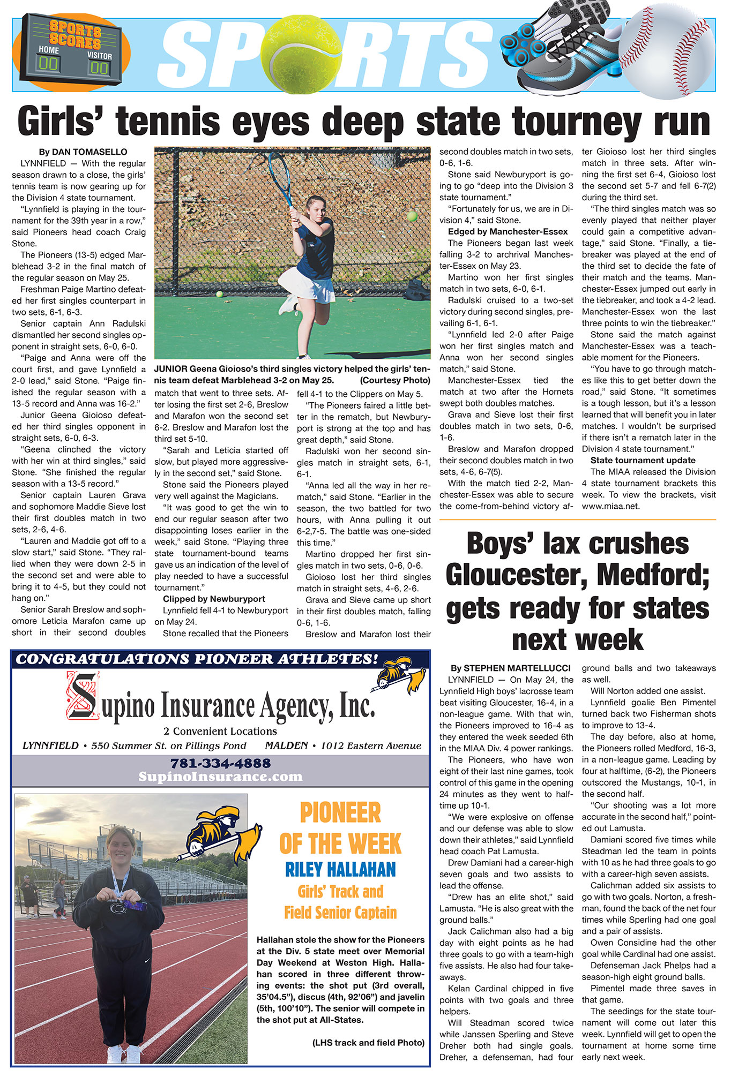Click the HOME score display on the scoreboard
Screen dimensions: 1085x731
click(48, 64)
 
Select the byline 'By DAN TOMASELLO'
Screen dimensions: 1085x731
click(83, 152)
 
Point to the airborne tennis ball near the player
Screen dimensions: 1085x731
click(412, 216)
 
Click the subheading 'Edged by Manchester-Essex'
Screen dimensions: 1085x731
click(508, 232)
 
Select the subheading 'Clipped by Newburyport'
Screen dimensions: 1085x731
click(214, 599)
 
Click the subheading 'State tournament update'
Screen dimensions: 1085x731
click(643, 460)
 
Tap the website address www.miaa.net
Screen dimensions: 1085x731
click(610, 506)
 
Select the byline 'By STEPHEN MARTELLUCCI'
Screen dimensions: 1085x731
click(510, 668)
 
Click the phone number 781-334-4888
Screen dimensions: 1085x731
click(220, 763)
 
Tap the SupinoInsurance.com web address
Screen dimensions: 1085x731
click(220, 776)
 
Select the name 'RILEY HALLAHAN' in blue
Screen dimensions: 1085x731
click(340, 869)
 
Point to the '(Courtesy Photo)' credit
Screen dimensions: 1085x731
click(395, 380)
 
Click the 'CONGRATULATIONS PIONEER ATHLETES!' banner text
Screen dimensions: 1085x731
click(197, 659)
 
